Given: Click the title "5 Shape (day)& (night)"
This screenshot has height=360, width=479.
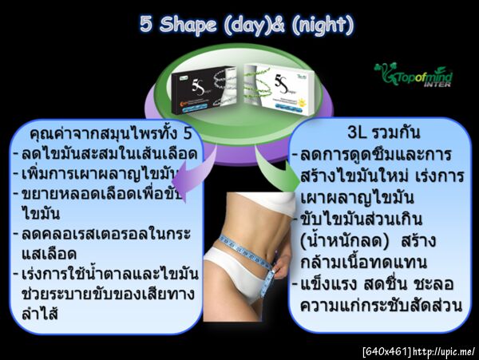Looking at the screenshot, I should click(239, 25).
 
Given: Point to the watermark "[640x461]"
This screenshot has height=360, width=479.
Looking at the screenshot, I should click(387, 351).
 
